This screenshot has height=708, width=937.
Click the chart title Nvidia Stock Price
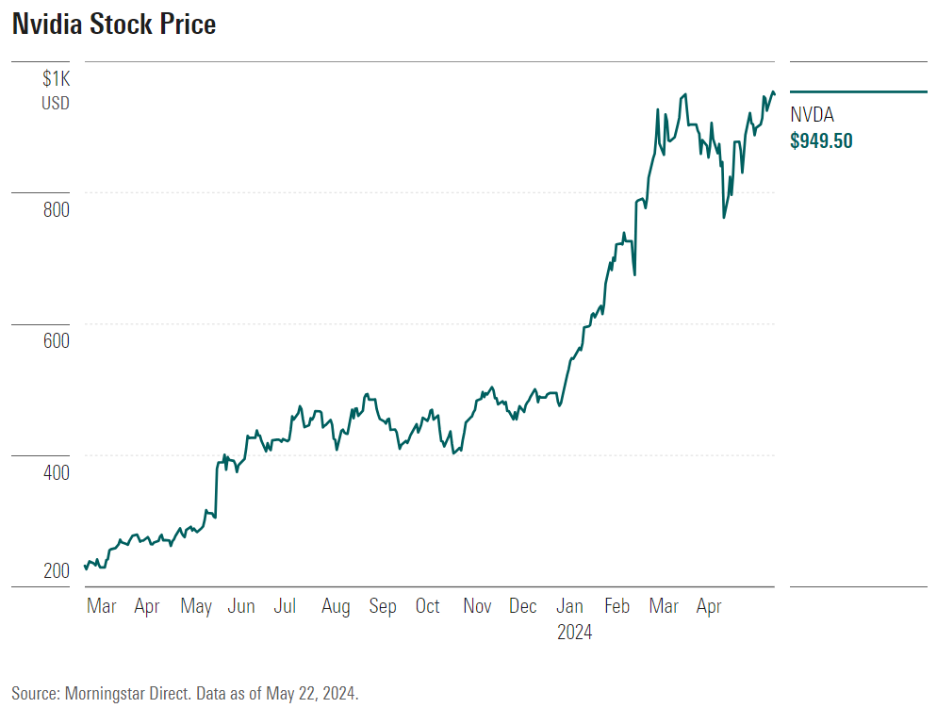pyautogui.click(x=114, y=25)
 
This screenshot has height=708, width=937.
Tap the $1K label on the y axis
pyautogui.click(x=56, y=79)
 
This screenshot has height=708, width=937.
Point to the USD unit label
pyautogui.click(x=55, y=103)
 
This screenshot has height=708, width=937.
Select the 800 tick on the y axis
pyautogui.click(x=56, y=209)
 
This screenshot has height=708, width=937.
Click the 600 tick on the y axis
pyautogui.click(x=56, y=340)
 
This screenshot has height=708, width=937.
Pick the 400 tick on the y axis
pyautogui.click(x=56, y=471)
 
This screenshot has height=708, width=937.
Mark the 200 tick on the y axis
pyautogui.click(x=56, y=570)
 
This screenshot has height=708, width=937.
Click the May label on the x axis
pyautogui.click(x=195, y=606)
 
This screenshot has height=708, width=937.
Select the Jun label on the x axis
pyautogui.click(x=241, y=606)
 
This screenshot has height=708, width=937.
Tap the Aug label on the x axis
pyautogui.click(x=335, y=606)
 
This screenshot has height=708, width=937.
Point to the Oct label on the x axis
pyautogui.click(x=428, y=606)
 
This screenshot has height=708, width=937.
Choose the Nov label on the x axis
pyautogui.click(x=477, y=606)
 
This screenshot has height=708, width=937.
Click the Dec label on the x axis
pyautogui.click(x=523, y=606)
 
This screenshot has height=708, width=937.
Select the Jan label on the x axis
pyautogui.click(x=570, y=606)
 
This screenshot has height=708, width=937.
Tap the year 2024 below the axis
pyautogui.click(x=574, y=633)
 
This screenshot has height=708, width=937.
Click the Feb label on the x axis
pyautogui.click(x=616, y=606)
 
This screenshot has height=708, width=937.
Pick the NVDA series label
pyautogui.click(x=812, y=116)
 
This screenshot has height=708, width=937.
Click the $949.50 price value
pyautogui.click(x=821, y=141)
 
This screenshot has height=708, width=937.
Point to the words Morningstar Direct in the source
pyautogui.click(x=128, y=693)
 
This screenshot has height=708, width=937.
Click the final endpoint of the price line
pyautogui.click(x=775, y=93)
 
